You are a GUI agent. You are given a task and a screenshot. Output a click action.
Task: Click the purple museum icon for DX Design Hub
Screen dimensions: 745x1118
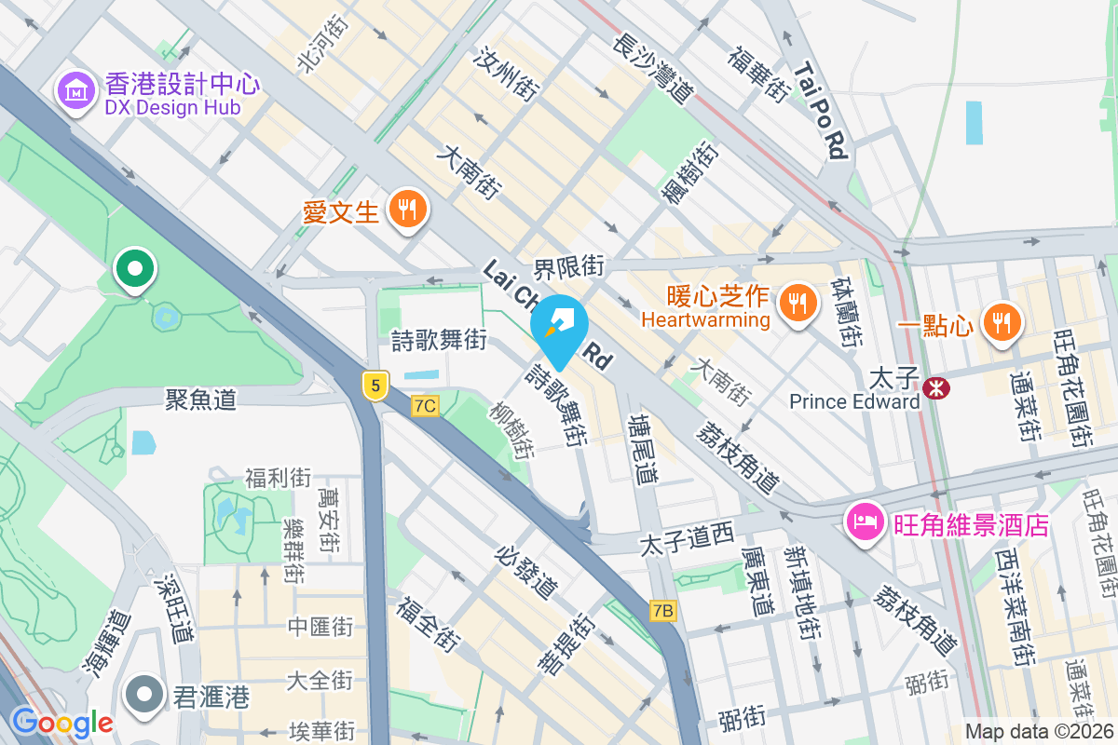tap(77, 90)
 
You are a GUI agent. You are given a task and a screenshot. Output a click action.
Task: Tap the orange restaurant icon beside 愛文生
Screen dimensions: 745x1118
tap(406, 210)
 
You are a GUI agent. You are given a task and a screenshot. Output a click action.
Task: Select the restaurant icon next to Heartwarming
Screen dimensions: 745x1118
tap(797, 301)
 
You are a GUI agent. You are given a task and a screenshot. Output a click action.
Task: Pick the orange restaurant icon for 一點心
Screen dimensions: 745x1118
tap(1002, 321)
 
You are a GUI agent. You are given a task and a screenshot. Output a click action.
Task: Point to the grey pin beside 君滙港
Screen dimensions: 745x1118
tap(144, 696)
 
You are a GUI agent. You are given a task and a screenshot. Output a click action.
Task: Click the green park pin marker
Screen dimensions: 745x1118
tap(135, 270)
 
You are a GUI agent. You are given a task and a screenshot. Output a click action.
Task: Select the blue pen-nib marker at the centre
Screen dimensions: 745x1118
tap(559, 326)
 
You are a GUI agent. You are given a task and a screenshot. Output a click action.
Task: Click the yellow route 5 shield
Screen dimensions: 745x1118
tap(375, 385)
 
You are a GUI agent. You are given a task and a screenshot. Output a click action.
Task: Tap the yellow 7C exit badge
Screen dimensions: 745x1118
tap(425, 405)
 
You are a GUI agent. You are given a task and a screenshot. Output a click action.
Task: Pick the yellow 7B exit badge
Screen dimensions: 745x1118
tap(662, 610)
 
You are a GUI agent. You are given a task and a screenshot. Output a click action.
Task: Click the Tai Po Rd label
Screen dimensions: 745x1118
tap(823, 110)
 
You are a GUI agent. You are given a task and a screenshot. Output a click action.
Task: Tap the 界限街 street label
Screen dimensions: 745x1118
tap(569, 267)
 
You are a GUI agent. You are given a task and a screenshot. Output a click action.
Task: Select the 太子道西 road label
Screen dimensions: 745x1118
tap(688, 537)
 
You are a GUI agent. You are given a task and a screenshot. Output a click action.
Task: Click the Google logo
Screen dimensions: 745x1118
tap(61, 723)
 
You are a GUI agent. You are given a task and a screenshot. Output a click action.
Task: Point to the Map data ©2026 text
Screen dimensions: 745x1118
tap(1039, 731)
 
